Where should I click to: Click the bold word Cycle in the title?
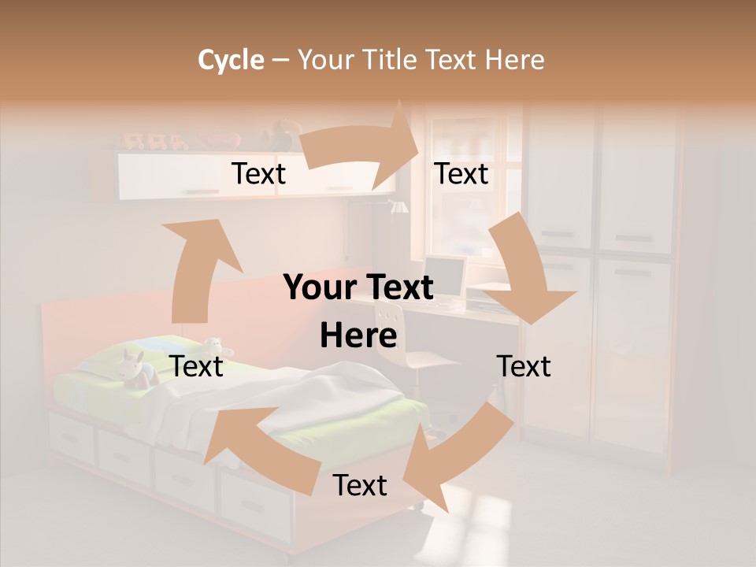tap(231, 60)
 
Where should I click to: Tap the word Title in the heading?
tap(392, 60)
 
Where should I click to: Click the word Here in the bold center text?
tap(358, 335)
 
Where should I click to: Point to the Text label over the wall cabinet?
tap(258, 173)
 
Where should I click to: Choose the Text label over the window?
tap(461, 173)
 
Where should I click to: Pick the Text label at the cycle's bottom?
tap(360, 485)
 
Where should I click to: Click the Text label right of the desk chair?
tap(524, 366)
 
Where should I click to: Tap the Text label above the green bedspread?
tap(197, 366)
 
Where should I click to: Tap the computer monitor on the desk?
tap(443, 277)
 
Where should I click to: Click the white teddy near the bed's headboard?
tap(213, 346)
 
